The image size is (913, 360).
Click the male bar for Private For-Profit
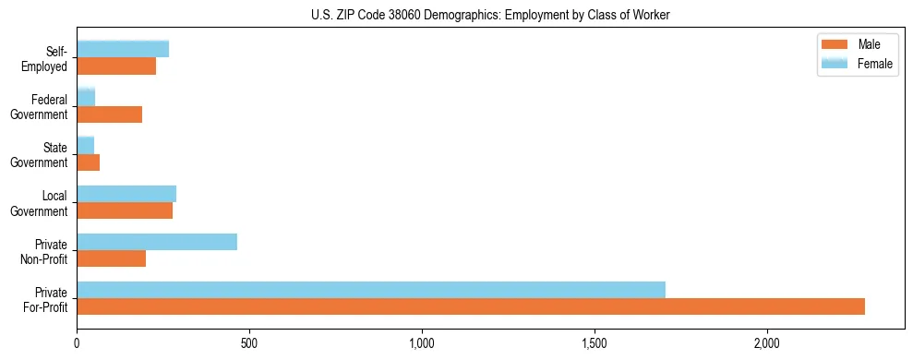tap(471, 306)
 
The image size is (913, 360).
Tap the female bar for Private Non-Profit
tap(157, 242)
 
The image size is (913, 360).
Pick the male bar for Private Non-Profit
tap(112, 258)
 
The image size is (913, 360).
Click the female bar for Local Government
tap(126, 194)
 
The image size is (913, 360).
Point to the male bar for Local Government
tap(125, 210)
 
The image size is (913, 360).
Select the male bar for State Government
tap(89, 162)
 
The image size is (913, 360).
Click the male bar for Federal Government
tap(110, 114)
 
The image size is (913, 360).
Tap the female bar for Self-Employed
tap(123, 49)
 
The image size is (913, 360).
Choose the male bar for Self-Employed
tap(116, 66)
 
